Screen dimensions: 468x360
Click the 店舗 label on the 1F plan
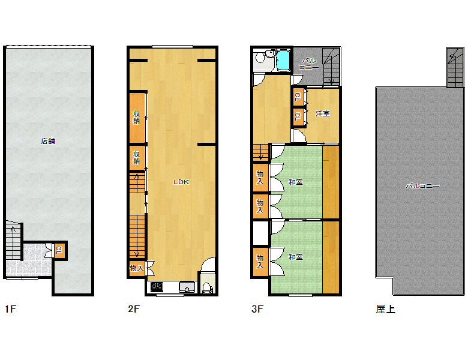pyautogui.click(x=48, y=141)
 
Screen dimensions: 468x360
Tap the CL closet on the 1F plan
pyautogui.click(x=59, y=250)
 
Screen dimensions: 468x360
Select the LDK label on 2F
pyautogui.click(x=181, y=182)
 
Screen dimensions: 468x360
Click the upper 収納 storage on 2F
pyautogui.click(x=137, y=118)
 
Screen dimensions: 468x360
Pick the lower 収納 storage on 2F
pyautogui.click(x=137, y=158)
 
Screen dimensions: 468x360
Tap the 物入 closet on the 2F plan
pyautogui.click(x=137, y=268)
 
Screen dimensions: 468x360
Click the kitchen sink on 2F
pyautogui.click(x=187, y=287)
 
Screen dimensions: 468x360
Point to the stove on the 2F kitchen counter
pyautogui.click(x=157, y=287)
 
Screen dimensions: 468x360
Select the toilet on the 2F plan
pyautogui.click(x=207, y=288)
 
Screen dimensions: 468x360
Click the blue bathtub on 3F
pyautogui.click(x=283, y=61)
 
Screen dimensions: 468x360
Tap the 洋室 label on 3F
pyautogui.click(x=323, y=114)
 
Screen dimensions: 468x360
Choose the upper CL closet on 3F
pyautogui.click(x=298, y=97)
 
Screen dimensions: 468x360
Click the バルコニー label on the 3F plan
pyautogui.click(x=308, y=64)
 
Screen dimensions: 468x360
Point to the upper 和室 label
pyautogui.click(x=296, y=182)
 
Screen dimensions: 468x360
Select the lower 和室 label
pyautogui.click(x=296, y=257)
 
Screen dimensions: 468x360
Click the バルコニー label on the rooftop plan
pyautogui.click(x=422, y=186)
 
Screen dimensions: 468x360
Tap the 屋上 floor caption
pyautogui.click(x=385, y=309)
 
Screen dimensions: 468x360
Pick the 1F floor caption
pyautogui.click(x=10, y=309)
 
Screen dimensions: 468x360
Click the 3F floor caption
pyautogui.click(x=257, y=309)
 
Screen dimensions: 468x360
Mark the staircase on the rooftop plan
pyautogui.click(x=455, y=67)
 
